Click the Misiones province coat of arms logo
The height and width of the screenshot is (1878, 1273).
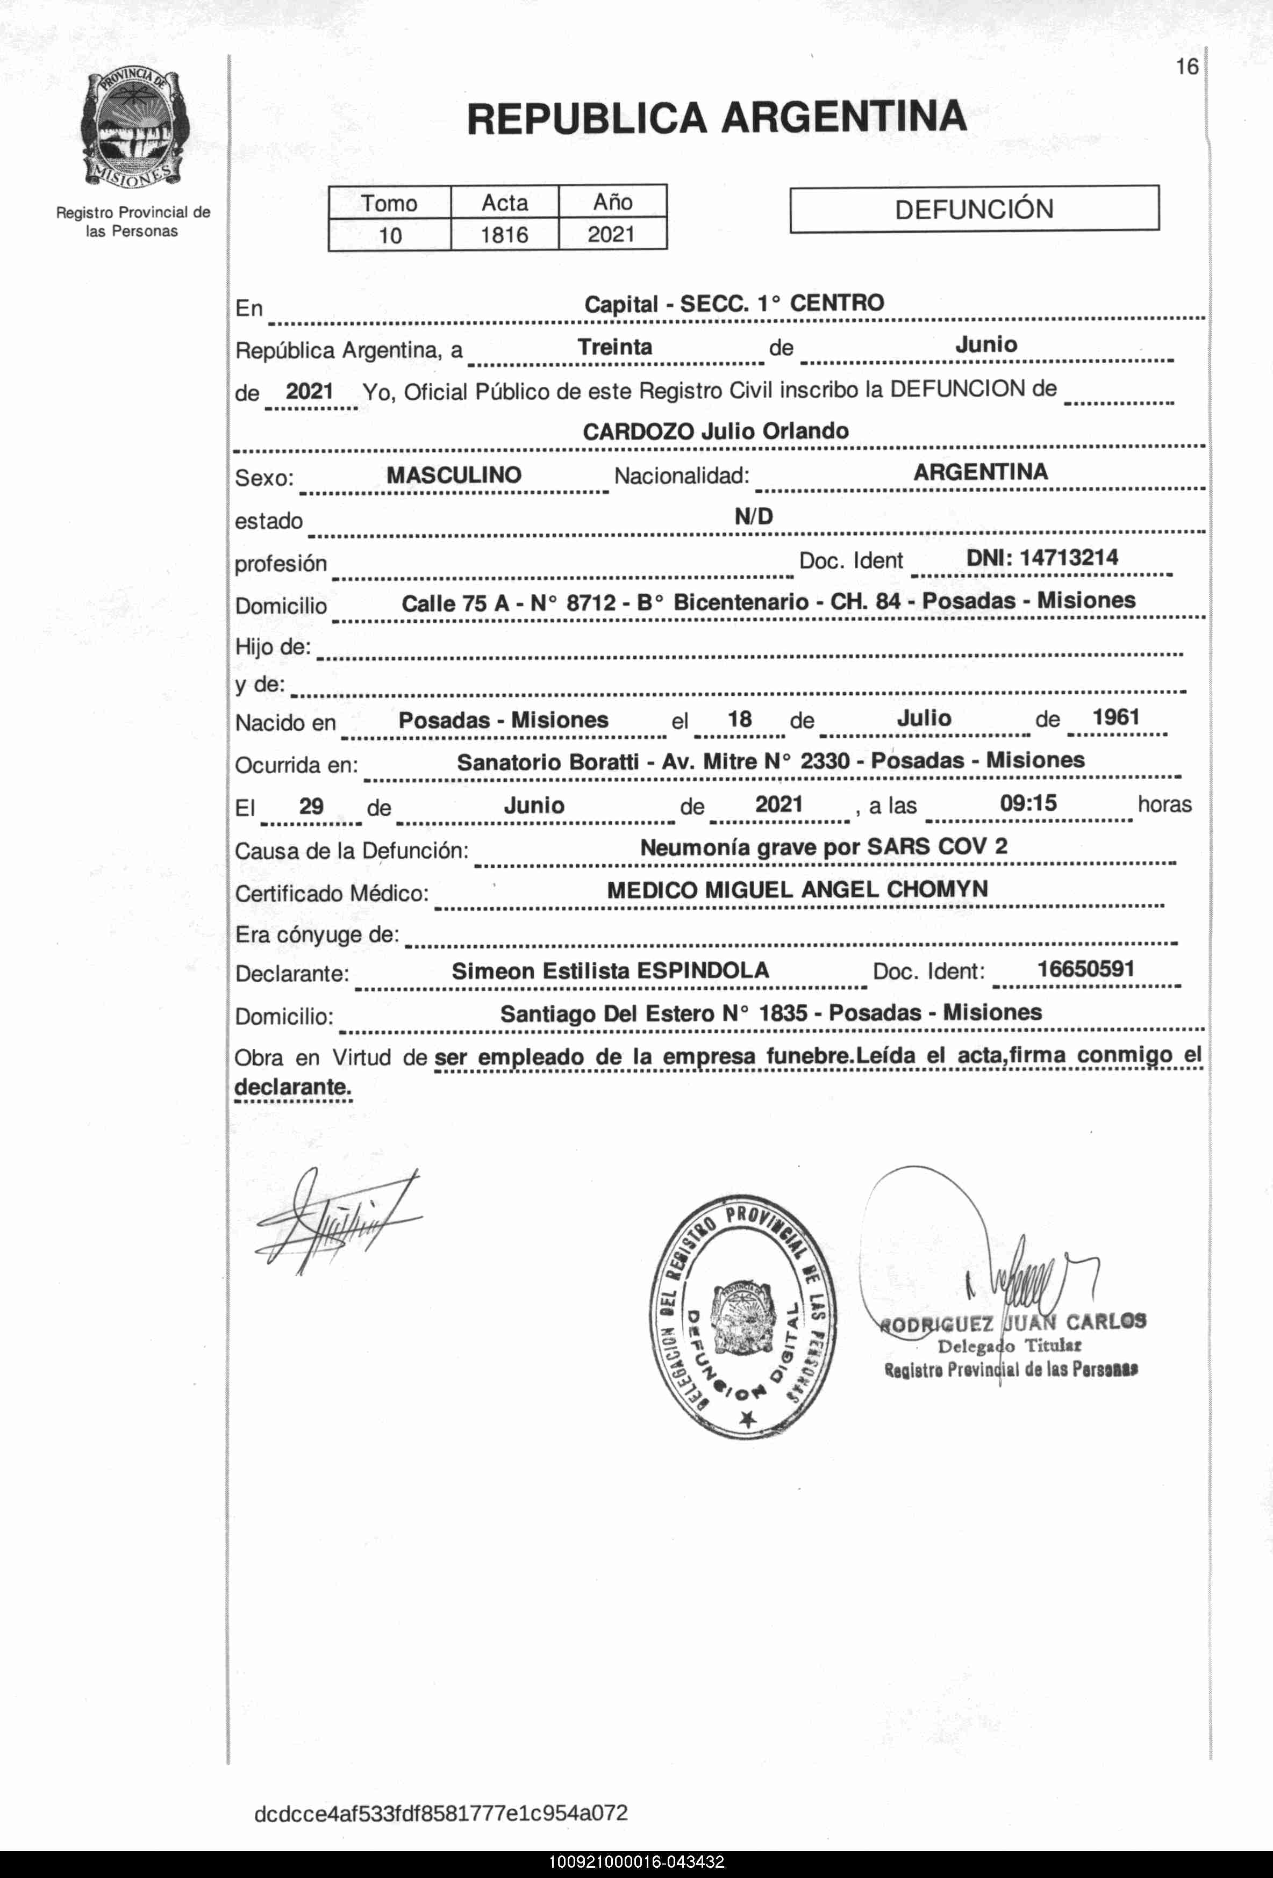133,129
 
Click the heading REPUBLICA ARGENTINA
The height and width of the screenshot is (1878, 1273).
716,118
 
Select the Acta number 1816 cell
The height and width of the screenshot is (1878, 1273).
504,235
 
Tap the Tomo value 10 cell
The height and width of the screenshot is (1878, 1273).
390,236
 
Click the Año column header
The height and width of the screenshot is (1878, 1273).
613,202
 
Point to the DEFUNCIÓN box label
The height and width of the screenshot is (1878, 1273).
974,210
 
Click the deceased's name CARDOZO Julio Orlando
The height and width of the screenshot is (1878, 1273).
716,431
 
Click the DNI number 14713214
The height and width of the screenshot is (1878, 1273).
1069,558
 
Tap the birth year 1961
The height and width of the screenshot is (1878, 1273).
1115,717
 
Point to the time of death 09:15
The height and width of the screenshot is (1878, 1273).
1028,803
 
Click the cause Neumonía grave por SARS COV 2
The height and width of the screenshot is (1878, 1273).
824,847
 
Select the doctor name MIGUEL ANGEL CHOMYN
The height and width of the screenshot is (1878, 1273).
846,890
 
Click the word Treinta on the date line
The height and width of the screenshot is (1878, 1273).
614,348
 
